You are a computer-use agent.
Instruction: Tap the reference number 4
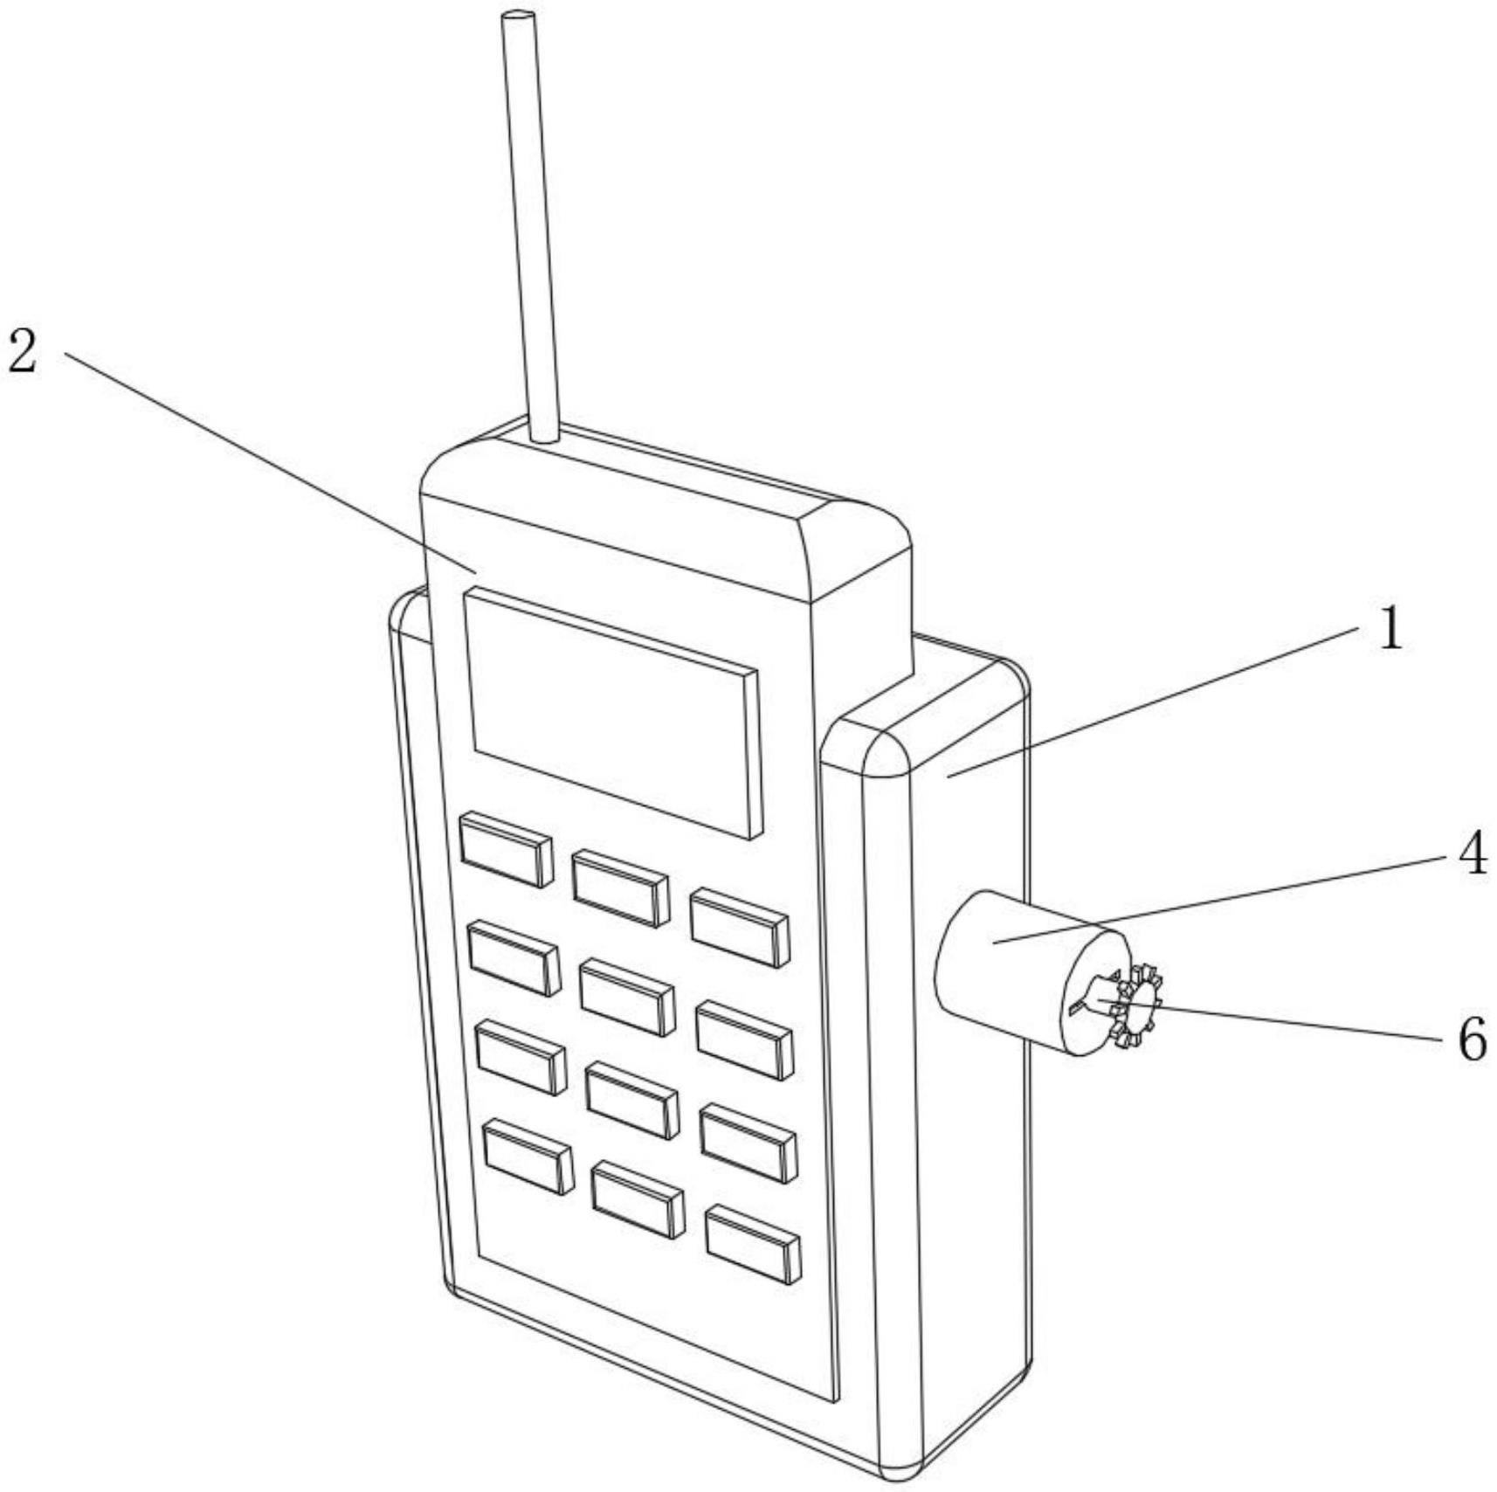point(1473,853)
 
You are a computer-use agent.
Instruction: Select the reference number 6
point(1473,1040)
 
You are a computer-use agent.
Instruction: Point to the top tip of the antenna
point(516,17)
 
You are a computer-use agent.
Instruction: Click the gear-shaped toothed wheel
point(1136,1005)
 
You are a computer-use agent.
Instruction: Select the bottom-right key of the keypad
point(753,1245)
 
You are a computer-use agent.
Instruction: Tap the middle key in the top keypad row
point(620,888)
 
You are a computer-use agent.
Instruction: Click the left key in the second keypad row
point(514,957)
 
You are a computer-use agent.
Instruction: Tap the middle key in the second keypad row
point(627,996)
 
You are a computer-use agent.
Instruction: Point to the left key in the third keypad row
point(521,1056)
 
